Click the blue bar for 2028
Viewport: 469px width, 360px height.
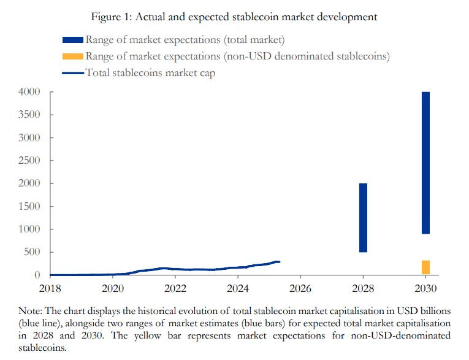click(363, 218)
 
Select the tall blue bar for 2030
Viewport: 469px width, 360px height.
click(425, 163)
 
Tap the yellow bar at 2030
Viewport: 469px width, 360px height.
click(425, 267)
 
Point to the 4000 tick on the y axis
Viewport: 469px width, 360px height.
click(29, 92)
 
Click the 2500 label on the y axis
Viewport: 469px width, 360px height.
click(29, 161)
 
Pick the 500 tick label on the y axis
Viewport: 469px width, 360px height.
click(32, 252)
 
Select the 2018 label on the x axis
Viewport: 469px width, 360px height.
click(50, 288)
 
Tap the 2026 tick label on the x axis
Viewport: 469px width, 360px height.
click(300, 288)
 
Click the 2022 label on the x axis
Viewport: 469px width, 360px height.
click(175, 288)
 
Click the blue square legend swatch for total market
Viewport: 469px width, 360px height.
click(74, 40)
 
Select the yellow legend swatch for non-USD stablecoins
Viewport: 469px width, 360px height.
click(74, 56)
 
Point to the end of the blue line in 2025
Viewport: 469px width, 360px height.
click(279, 262)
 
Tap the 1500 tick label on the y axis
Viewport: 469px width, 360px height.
click(29, 206)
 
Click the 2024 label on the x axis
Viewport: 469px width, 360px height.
click(238, 288)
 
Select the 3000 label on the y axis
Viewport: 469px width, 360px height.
click(29, 138)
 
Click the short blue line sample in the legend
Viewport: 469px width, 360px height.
click(74, 72)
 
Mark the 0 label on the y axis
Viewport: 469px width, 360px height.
click(37, 275)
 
